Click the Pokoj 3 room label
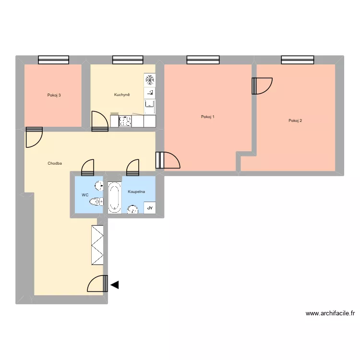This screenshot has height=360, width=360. (x=54, y=95)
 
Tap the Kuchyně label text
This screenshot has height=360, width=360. (x=122, y=95)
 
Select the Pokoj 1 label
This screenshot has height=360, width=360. (x=208, y=117)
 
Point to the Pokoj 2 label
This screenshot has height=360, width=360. (x=295, y=120)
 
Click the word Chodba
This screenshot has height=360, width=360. (x=55, y=164)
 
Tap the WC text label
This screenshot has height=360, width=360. (x=85, y=195)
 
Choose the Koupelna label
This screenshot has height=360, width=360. (x=136, y=192)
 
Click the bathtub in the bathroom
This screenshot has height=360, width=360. (x=114, y=197)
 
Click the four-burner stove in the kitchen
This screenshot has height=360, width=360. (x=125, y=121)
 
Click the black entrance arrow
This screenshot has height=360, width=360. (x=115, y=285)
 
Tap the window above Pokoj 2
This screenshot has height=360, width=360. (x=298, y=60)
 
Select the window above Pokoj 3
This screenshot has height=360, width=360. (x=53, y=60)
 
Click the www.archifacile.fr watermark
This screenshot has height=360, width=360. (x=330, y=313)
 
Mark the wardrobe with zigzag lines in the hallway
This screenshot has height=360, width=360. (x=97, y=244)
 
